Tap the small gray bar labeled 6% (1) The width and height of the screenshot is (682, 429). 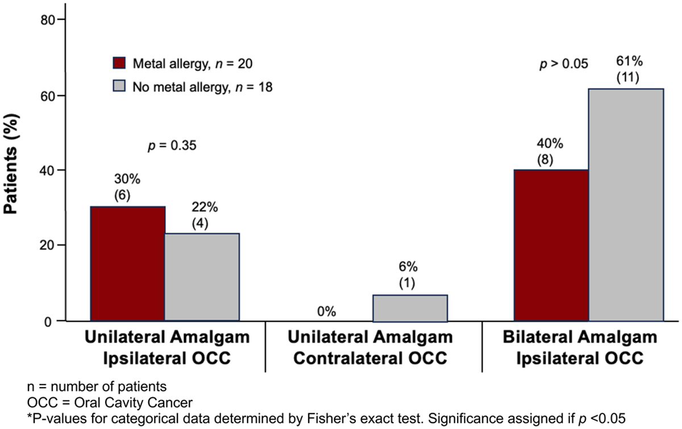coord(410,308)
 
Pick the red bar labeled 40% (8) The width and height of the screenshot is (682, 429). coord(551,245)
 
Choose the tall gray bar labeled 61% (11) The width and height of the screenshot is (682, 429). coord(626,205)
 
